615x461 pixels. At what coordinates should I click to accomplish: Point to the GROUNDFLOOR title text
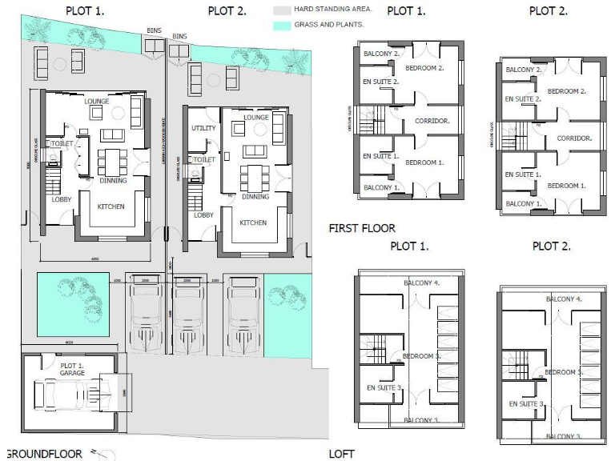[x=44, y=454]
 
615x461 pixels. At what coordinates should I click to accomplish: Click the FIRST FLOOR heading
[x=362, y=228]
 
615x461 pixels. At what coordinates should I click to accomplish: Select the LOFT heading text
[x=342, y=454]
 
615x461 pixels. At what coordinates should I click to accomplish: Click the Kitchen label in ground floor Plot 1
[x=111, y=206]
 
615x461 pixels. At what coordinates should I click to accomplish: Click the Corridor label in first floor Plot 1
[x=432, y=121]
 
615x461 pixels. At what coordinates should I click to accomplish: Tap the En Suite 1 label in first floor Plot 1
[x=380, y=156]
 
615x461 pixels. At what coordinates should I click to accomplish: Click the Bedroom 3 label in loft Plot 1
[x=422, y=355]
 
